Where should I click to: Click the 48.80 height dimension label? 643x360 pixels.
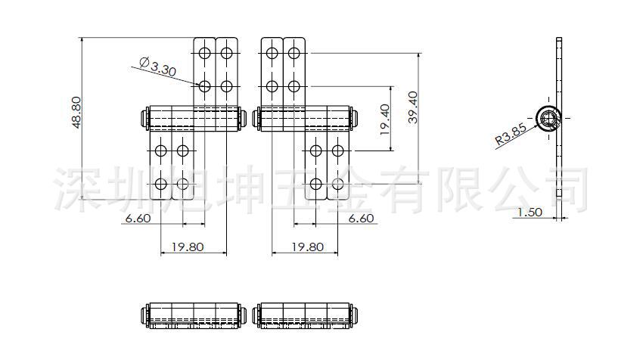pos(76,113)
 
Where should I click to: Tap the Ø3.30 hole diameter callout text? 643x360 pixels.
pos(158,68)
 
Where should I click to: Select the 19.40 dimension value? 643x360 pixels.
pos(385,119)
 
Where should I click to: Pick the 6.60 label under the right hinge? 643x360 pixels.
pos(362,218)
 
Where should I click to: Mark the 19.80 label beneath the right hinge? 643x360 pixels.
pos(307,247)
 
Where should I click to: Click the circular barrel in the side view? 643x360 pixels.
pos(548,117)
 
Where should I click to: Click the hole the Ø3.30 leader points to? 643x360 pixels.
pos(204,86)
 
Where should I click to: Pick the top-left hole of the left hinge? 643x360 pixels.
pos(204,53)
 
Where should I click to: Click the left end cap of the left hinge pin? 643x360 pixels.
pos(144,119)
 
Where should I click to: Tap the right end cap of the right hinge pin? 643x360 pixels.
pos(353,119)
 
